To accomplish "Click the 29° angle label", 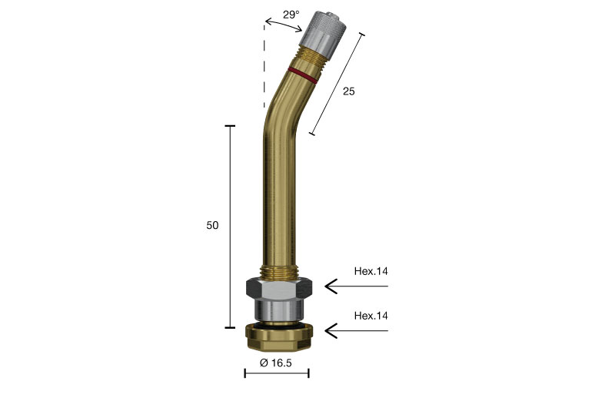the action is coord(291,15).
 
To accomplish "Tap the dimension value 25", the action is coord(349,91).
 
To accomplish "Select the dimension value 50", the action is coord(212,225).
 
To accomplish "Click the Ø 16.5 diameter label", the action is coord(276,363).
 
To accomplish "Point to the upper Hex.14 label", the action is coord(371,271).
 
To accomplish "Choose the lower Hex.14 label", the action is coord(371,316).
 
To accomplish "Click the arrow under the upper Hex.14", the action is coord(357,286).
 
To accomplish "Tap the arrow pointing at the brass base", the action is coord(357,331).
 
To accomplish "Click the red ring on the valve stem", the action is coord(302,74).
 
